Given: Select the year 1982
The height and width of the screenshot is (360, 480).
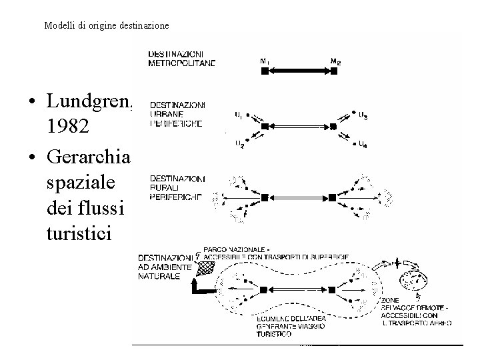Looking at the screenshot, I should [x=69, y=126].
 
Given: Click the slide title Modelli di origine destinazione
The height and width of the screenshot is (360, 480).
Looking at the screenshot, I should [x=107, y=26].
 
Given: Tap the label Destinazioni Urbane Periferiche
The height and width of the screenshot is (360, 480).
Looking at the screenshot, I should [x=177, y=114].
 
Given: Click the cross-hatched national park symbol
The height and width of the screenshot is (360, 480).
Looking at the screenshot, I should [x=207, y=267].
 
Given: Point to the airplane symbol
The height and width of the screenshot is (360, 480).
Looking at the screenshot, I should [x=399, y=261].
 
